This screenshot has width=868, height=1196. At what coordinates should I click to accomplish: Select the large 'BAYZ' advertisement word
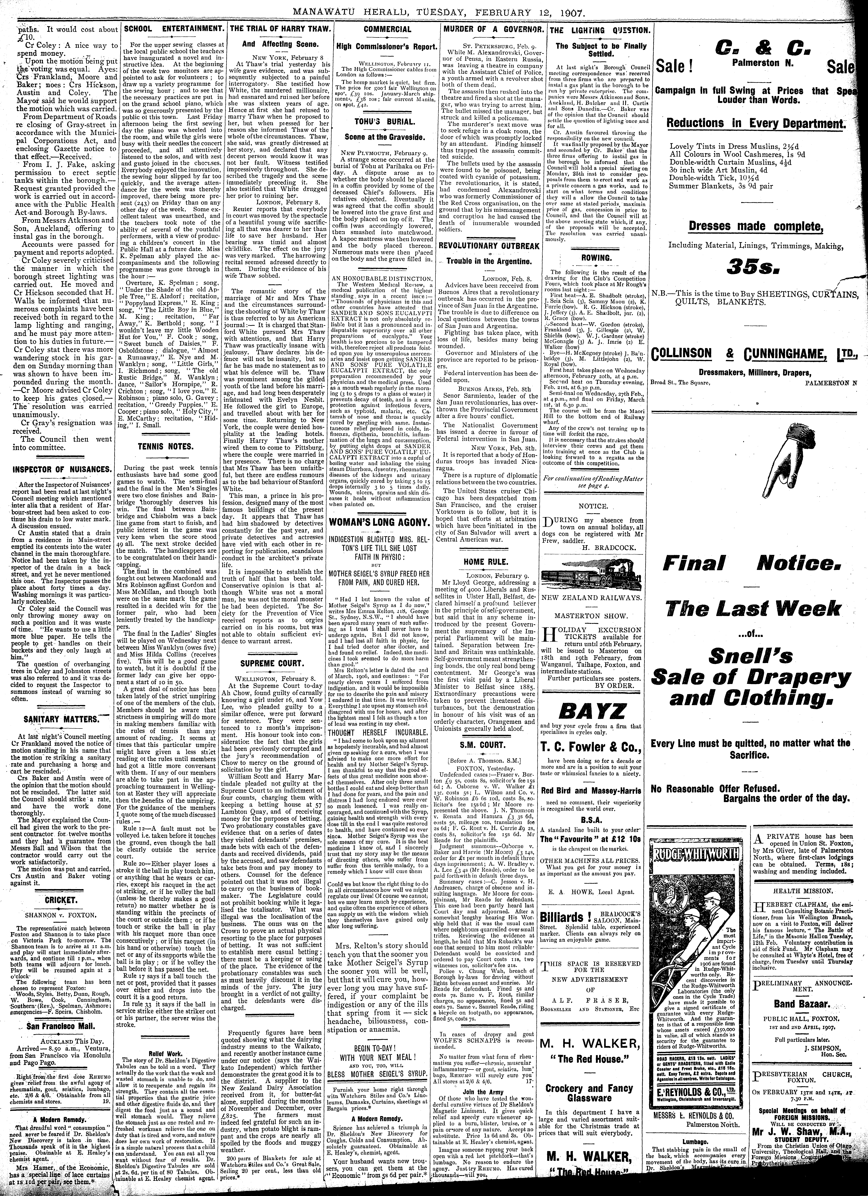click(x=595, y=712)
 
